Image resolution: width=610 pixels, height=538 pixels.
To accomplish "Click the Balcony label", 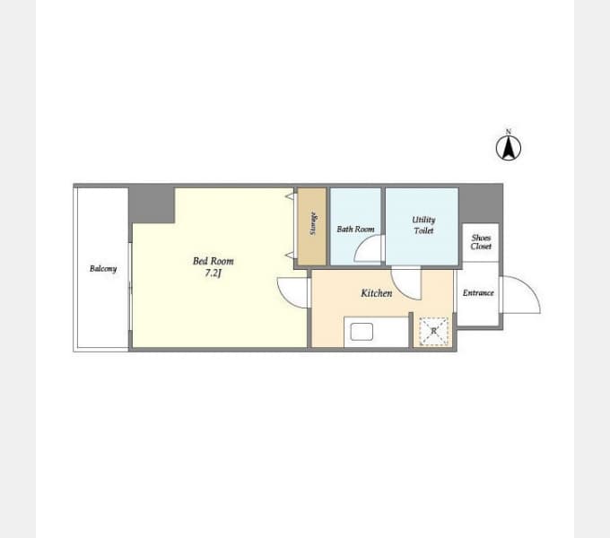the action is [103, 269].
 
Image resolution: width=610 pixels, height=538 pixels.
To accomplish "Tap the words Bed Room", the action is [213, 261].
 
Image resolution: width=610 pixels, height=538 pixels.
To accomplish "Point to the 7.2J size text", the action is [213, 273].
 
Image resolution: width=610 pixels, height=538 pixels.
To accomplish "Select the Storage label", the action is [313, 223].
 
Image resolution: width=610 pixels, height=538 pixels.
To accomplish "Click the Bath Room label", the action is [355, 230].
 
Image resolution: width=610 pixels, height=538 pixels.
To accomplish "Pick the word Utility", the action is [423, 220].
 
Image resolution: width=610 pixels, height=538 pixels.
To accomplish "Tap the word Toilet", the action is [423, 231].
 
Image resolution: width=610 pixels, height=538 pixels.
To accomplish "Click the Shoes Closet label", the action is [481, 242].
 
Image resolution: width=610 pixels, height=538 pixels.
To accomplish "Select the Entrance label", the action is [478, 292].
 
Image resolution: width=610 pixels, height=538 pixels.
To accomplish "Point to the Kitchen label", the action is [377, 293].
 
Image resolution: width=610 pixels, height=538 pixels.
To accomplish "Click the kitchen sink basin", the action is [362, 332].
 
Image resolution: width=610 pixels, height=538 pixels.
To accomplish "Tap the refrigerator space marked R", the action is [434, 332].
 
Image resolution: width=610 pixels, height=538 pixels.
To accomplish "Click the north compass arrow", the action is [508, 148].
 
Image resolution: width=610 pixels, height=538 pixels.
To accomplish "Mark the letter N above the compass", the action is [508, 132].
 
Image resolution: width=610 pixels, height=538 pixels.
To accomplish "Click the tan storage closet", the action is [311, 227].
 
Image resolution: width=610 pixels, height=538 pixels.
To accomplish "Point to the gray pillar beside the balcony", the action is [152, 205].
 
